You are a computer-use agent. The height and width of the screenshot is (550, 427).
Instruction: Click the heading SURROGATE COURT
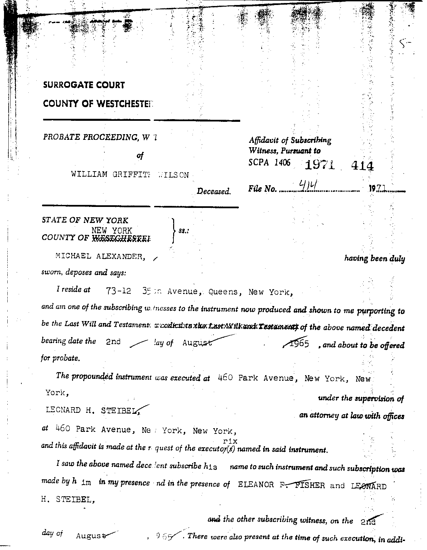click(x=84, y=85)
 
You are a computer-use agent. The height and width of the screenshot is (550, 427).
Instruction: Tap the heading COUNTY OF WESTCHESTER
click(x=97, y=104)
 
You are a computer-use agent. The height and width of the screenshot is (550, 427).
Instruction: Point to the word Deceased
click(x=213, y=192)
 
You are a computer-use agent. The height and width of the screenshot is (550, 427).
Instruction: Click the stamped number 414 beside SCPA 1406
click(x=363, y=166)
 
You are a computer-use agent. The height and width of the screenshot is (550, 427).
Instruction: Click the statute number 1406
click(x=283, y=162)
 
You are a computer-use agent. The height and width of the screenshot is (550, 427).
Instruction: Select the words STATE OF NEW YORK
click(x=85, y=220)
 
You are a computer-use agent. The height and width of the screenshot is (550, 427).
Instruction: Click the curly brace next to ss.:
click(x=173, y=230)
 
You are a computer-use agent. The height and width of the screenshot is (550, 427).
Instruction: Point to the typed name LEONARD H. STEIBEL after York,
click(x=91, y=410)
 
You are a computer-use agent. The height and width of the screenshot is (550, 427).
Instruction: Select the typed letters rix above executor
click(x=230, y=441)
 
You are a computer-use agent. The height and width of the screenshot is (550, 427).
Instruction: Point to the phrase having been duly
click(x=374, y=259)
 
